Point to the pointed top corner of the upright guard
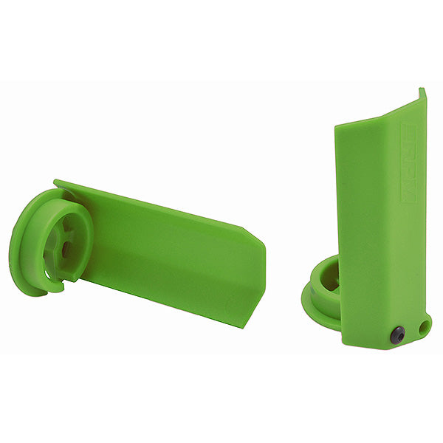tap(422, 91)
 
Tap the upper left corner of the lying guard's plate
tap(58, 182)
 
